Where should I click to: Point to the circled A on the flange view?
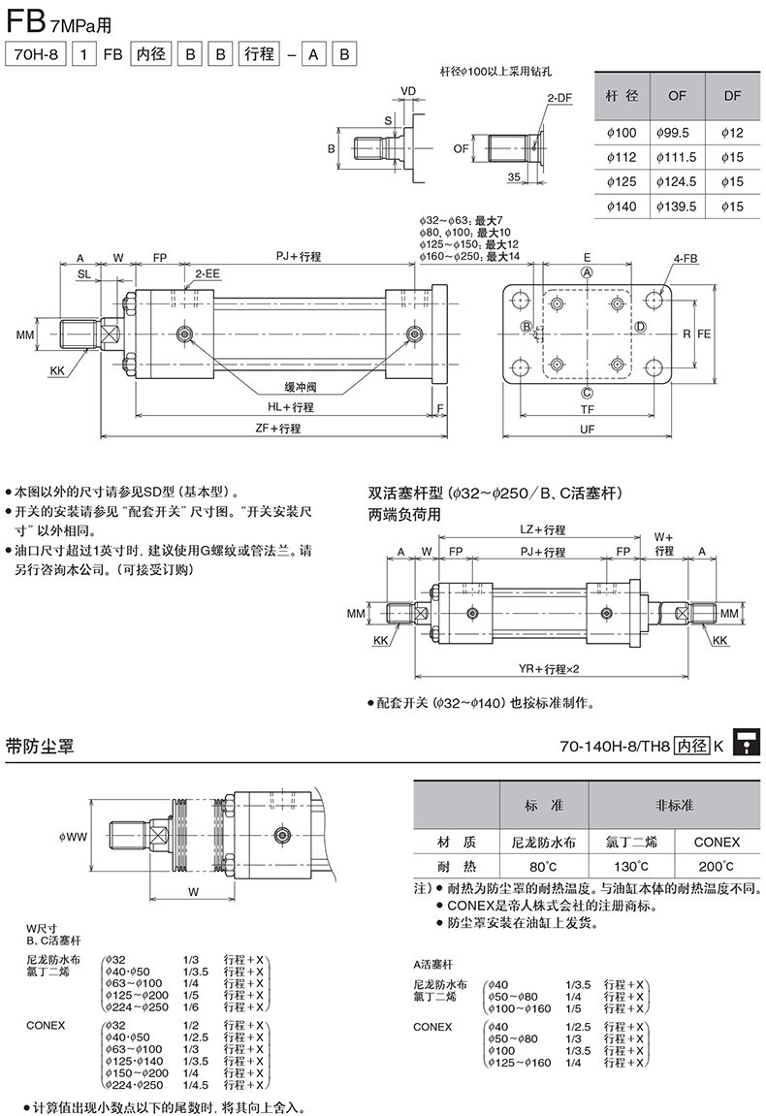point(587,273)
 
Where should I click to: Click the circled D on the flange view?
point(640,327)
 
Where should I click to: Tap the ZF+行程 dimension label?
point(277,428)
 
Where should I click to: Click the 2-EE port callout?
point(207,274)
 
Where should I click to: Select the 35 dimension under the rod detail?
point(513,176)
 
